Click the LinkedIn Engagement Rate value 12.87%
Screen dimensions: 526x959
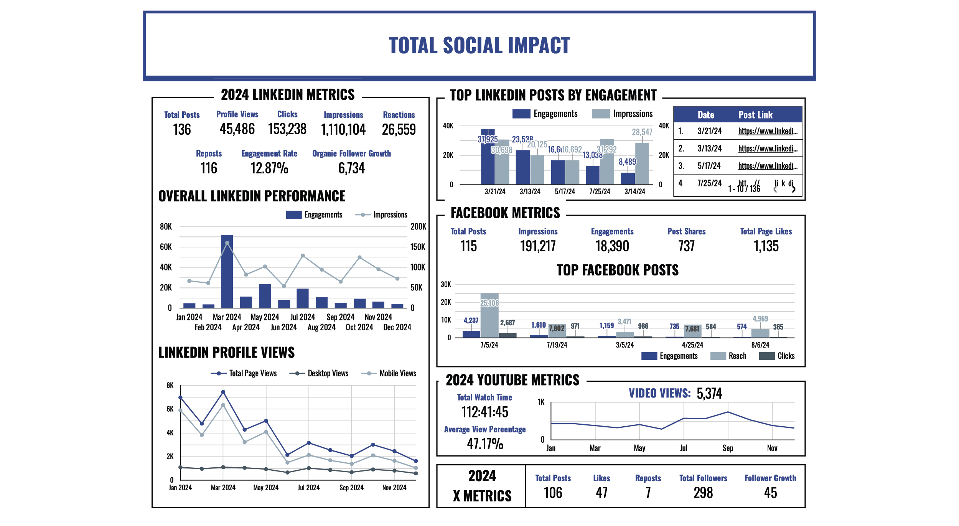(269, 168)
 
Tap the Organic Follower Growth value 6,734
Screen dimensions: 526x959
(351, 168)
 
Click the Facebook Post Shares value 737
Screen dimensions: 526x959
(686, 246)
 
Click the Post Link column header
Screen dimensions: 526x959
(755, 115)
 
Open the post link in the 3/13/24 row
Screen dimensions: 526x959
(768, 148)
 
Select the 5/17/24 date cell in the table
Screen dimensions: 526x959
(709, 166)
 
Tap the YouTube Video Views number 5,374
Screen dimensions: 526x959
(709, 394)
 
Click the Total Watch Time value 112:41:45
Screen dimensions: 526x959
(484, 412)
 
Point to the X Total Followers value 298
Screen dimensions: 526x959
(703, 493)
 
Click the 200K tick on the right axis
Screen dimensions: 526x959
(418, 227)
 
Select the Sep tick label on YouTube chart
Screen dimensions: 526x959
(728, 448)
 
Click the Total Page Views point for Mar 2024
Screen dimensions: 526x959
(223, 392)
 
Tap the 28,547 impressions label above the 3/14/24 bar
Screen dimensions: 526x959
(642, 132)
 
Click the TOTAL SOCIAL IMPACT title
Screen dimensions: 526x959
(479, 45)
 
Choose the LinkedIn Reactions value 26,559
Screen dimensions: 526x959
(399, 130)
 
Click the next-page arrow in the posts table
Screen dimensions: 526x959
(794, 189)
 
